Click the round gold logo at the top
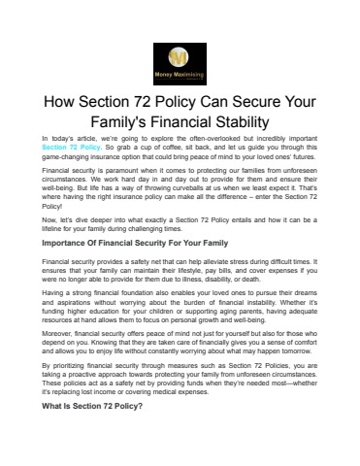180,52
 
